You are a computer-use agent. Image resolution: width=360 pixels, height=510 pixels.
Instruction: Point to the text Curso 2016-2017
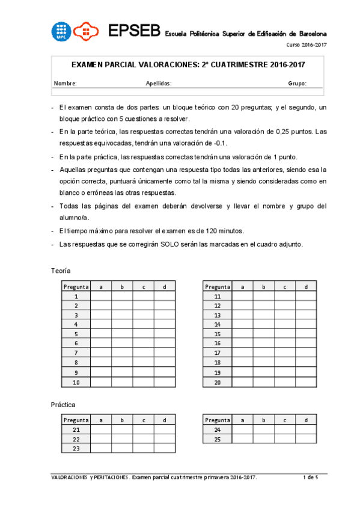click(x=306, y=46)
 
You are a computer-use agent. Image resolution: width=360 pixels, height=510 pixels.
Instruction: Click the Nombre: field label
click(x=66, y=84)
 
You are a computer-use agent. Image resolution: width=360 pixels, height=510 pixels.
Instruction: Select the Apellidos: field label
click(x=159, y=84)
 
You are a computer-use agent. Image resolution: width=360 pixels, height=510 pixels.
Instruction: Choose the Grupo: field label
click(x=297, y=84)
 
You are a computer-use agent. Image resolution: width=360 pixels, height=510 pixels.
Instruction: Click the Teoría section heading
click(x=61, y=271)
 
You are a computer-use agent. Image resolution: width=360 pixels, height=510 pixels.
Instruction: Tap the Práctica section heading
click(x=63, y=405)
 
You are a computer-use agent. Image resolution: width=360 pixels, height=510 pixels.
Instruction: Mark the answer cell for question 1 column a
click(x=101, y=296)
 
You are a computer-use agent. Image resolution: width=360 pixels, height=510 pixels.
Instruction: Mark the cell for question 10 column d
click(x=164, y=382)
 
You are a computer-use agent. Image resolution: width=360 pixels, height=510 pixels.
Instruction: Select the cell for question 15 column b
click(x=264, y=334)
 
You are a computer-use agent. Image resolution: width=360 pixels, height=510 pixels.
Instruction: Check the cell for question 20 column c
click(x=285, y=382)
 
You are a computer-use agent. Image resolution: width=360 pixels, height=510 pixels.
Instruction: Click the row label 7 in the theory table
click(x=76, y=353)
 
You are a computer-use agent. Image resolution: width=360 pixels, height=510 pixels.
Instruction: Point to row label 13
click(x=218, y=315)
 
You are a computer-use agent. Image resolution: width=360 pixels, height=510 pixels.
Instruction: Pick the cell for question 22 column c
click(x=143, y=439)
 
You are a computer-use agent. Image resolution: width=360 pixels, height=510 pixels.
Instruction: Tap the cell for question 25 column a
click(x=243, y=439)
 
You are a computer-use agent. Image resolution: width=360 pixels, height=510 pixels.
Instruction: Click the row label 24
click(x=218, y=430)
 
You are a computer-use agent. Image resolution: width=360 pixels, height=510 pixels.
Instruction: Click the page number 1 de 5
click(x=310, y=477)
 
